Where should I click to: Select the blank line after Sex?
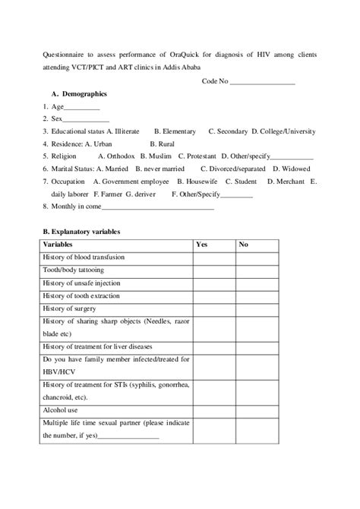(x=86, y=119)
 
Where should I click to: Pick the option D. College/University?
(x=284, y=131)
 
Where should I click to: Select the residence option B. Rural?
(x=163, y=143)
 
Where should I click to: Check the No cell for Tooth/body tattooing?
(x=257, y=270)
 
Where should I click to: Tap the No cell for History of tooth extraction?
(x=257, y=296)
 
